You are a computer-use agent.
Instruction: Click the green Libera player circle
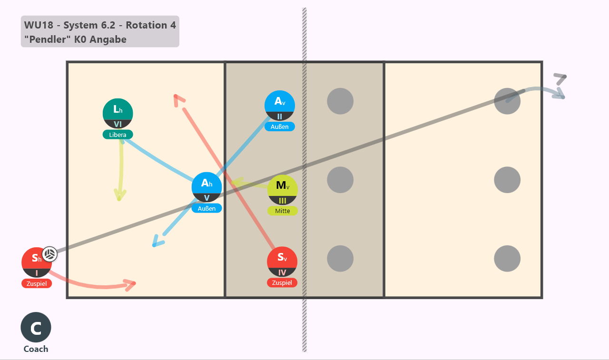[x=118, y=114]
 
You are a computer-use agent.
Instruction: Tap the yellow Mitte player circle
[x=283, y=190]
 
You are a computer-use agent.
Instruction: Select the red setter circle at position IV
[x=282, y=262]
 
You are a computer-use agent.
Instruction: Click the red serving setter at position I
[x=37, y=262]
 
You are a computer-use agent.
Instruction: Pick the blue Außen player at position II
[x=279, y=106]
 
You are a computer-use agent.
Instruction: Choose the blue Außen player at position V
[x=206, y=187]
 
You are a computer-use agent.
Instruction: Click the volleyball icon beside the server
[x=50, y=254]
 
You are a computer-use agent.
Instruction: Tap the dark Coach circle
[x=36, y=327]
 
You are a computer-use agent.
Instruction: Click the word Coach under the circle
[x=36, y=349]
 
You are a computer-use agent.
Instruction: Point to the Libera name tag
[x=118, y=135]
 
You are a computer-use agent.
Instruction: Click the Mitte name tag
[x=283, y=211]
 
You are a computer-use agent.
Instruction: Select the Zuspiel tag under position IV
[x=282, y=282]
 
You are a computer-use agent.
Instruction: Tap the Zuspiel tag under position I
[x=37, y=283]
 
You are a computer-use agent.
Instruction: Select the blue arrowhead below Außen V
[x=158, y=241]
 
